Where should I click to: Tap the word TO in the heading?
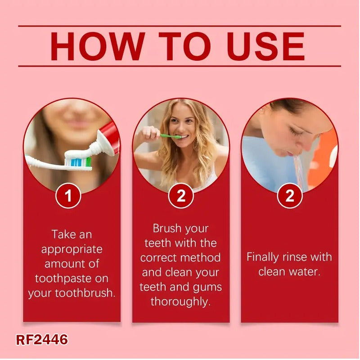point(185,46)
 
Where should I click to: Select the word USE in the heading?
point(265,46)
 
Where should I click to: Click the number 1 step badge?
point(68,196)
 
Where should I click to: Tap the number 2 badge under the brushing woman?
point(181,196)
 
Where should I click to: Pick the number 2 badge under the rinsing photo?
point(290,196)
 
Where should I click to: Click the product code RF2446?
point(42,340)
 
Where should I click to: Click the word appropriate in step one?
point(72,250)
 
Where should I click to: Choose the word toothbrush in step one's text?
point(85,293)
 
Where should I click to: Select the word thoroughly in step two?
point(180,301)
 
